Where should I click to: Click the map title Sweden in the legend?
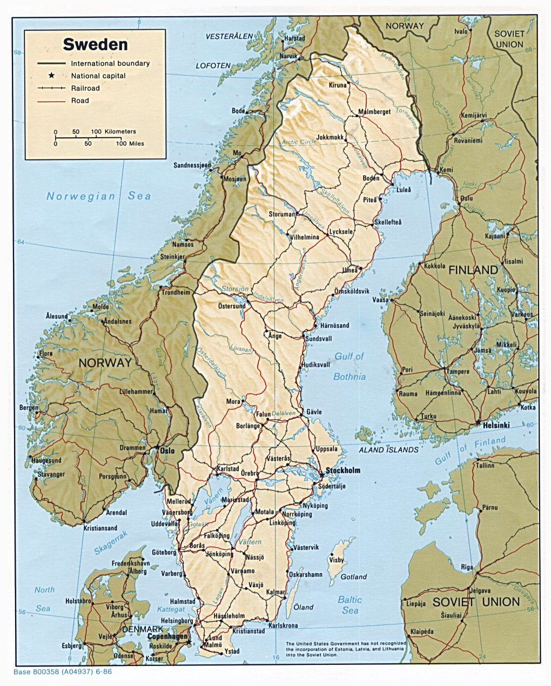95,44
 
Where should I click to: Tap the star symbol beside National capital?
52,76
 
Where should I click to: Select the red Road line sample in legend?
52,100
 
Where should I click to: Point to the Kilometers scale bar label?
120,132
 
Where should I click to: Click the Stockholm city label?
342,470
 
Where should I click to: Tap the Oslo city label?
166,450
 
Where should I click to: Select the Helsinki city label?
496,425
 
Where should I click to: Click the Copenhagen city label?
167,636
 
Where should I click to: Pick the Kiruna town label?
338,85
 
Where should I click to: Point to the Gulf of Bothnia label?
350,367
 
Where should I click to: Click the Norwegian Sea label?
98,196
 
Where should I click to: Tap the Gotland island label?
353,577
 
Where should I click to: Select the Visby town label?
337,560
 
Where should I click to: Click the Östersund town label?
232,306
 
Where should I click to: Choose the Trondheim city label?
176,292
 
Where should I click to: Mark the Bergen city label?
29,408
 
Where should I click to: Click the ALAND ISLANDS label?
389,449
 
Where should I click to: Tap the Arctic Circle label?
299,142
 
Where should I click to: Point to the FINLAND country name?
473,270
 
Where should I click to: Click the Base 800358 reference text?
63,672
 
